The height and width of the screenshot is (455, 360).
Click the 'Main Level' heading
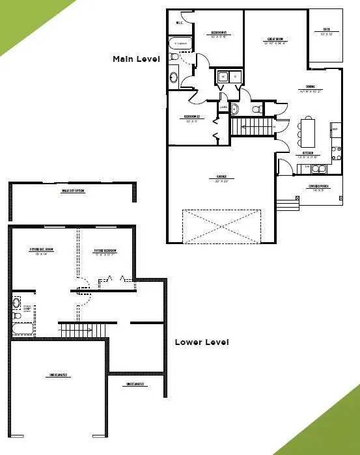tap(135, 59)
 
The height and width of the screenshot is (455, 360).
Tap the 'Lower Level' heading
tap(202, 342)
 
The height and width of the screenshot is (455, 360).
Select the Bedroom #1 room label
tap(218, 34)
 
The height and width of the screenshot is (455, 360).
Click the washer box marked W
tap(223, 77)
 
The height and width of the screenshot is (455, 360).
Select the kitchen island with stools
tap(307, 132)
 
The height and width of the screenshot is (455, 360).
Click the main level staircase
tap(253, 127)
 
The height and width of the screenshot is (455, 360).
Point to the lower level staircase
tap(83, 330)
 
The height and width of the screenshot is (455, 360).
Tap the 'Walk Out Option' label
tap(73, 191)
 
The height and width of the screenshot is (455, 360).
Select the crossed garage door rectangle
tap(221, 226)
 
